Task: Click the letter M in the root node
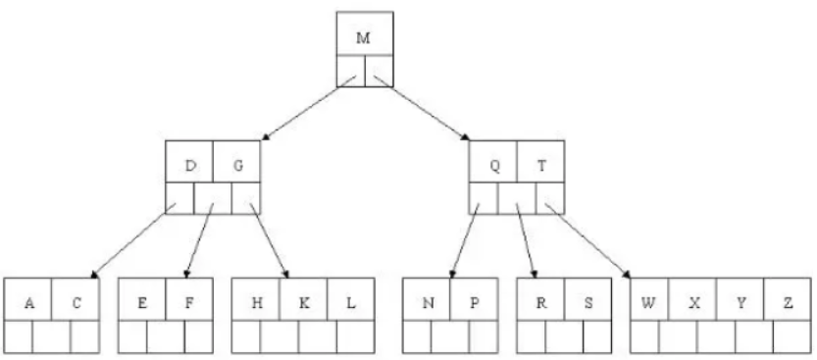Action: tap(363, 38)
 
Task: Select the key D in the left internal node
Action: tap(190, 166)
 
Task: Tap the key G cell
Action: tap(237, 166)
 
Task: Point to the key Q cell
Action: tap(494, 166)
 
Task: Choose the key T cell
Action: tap(541, 166)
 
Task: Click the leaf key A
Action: tap(29, 303)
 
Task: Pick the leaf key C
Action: tap(77, 303)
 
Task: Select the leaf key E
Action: tap(142, 303)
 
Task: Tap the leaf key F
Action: tap(189, 303)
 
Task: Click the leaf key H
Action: tap(256, 303)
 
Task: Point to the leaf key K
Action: tap(304, 303)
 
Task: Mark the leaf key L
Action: tap(351, 303)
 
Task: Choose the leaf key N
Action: tap(428, 303)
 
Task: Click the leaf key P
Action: tap(474, 303)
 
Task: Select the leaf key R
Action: tap(541, 303)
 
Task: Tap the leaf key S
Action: tap(588, 303)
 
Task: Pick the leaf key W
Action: tap(647, 303)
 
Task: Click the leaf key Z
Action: tap(789, 303)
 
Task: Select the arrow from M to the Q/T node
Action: tap(422, 108)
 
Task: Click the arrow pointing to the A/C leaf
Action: tap(132, 240)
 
